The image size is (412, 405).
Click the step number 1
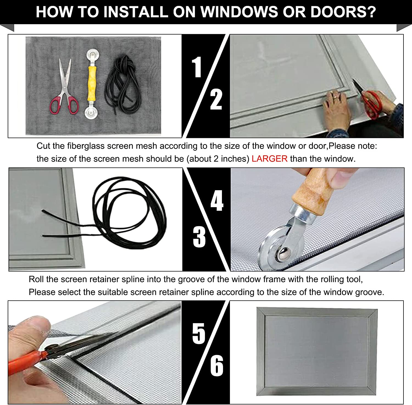pyautogui.click(x=197, y=67)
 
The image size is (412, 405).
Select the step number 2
pyautogui.click(x=216, y=99)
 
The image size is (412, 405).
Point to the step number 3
pyautogui.click(x=199, y=237)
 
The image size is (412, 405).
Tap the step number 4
pyautogui.click(x=217, y=201)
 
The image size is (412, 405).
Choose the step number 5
pyautogui.click(x=199, y=333)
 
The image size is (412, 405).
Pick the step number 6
pyautogui.click(x=217, y=365)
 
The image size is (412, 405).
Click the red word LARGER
pyautogui.click(x=269, y=159)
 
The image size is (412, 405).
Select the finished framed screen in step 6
pyautogui.click(x=317, y=352)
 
